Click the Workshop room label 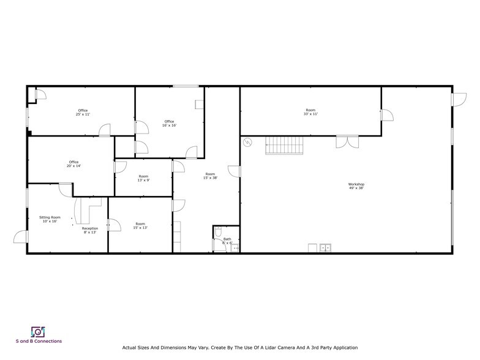point(356,184)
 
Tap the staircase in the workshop point(284,146)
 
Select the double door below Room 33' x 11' point(346,141)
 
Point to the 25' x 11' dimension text point(83,114)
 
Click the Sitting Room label point(50,217)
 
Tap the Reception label point(90,228)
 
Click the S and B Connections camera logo point(38,331)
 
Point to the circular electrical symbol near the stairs point(248,143)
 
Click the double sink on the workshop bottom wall point(325,248)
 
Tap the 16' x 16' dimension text point(169,126)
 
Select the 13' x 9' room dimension point(143,181)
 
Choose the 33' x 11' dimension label point(310,114)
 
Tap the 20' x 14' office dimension point(73,167)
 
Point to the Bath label point(227,239)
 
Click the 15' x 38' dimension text point(210,178)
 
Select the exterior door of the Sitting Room point(21,236)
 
